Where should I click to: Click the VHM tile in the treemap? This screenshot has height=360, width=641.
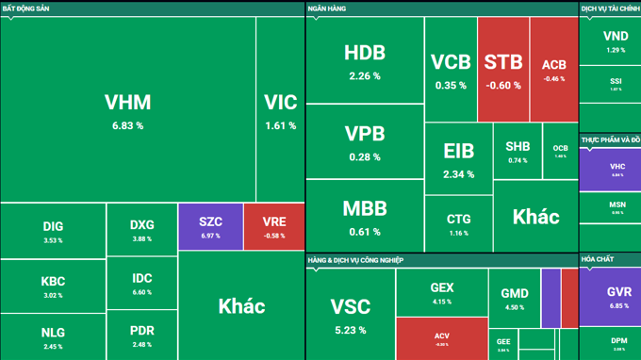127,109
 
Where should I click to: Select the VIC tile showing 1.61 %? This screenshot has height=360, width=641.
280,109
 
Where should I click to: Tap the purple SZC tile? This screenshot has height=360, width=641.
210,227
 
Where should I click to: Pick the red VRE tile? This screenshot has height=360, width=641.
274,227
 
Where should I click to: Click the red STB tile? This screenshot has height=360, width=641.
503,70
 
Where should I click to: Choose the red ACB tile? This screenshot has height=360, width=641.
554,70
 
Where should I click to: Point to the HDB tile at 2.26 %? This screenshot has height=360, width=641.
364,60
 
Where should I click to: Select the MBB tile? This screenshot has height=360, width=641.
364,214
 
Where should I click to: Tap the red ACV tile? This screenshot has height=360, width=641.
441,337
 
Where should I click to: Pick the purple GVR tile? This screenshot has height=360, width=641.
618,297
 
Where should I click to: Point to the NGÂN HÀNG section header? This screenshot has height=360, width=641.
327,8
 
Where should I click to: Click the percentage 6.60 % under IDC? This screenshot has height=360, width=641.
142,292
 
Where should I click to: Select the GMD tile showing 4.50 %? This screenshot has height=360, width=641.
514,299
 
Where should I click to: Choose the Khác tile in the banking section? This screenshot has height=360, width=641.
535,217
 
